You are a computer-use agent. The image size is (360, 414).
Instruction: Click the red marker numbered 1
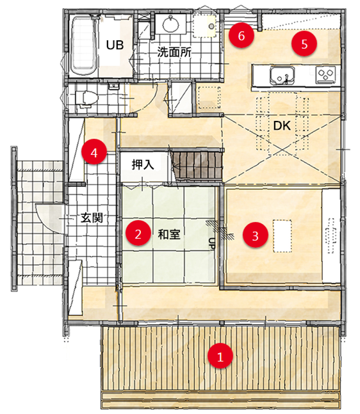[220, 356]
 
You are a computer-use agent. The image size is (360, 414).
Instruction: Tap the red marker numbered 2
[138, 233]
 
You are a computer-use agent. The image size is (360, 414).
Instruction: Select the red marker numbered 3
[255, 235]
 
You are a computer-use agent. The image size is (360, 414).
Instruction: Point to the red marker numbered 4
[94, 152]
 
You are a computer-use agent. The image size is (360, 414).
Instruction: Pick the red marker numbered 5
[304, 44]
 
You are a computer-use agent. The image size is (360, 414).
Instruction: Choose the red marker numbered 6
[241, 35]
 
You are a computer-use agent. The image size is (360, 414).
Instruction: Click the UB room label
[115, 45]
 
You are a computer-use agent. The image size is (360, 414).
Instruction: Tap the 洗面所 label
[174, 52]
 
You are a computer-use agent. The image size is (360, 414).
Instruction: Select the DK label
[282, 125]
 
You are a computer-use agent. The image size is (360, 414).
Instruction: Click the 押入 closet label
[143, 164]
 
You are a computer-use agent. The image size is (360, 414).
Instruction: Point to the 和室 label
[169, 234]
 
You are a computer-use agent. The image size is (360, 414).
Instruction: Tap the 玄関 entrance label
[92, 218]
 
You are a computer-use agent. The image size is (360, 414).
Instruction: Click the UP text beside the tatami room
[212, 243]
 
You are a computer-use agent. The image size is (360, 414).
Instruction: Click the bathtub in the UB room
[84, 45]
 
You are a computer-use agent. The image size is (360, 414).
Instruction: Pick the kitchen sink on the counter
[282, 76]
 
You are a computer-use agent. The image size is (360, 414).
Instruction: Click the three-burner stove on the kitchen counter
[326, 74]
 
